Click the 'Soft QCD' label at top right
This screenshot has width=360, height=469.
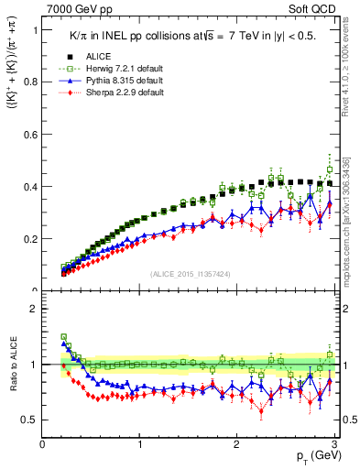point(310,8)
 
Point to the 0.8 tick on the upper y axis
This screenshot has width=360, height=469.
point(29,82)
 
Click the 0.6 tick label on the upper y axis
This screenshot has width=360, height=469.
point(29,135)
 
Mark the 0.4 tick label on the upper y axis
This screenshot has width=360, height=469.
point(29,187)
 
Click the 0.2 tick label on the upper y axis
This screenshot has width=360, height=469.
point(29,239)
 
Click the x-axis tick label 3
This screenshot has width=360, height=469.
point(333,444)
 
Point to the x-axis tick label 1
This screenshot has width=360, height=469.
point(139,444)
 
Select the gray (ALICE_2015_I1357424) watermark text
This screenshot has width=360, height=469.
point(190,273)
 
